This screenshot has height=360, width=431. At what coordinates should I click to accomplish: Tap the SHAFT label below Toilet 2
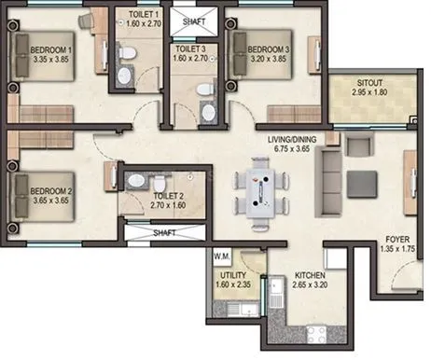point(164,234)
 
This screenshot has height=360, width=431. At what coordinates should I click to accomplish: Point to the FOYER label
point(399,240)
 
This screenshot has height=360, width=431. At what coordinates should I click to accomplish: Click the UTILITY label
point(232,277)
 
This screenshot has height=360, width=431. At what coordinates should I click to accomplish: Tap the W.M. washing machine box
point(222,255)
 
